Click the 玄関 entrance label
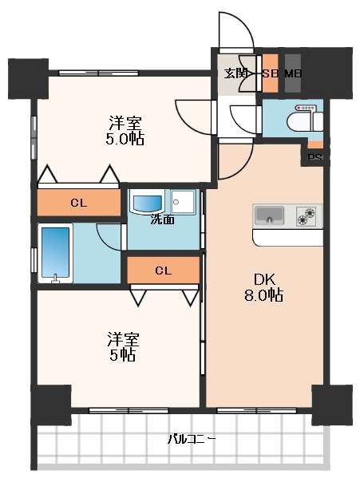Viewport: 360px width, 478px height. [235, 73]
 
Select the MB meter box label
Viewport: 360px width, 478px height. [293, 73]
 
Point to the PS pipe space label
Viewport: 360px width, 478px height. [315, 157]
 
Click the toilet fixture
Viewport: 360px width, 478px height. [308, 118]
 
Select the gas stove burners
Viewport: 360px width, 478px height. [307, 215]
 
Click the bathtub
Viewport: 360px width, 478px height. [56, 252]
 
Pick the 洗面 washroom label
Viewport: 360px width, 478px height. [163, 219]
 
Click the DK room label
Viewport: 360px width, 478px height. [264, 279]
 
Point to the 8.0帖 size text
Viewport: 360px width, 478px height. [264, 295]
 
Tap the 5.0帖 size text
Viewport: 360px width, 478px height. [125, 138]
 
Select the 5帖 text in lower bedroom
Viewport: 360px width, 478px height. [122, 354]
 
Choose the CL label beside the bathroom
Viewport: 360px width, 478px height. [77, 203]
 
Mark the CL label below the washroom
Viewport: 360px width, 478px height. [164, 270]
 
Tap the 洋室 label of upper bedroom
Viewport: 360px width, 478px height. [125, 122]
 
